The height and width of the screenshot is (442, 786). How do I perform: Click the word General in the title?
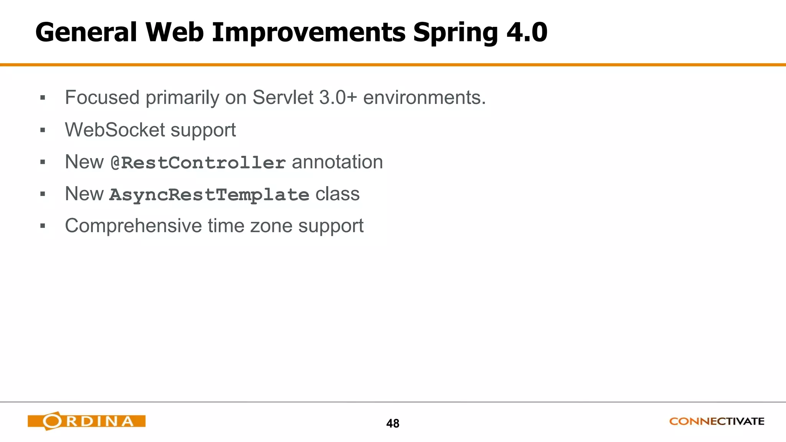click(86, 32)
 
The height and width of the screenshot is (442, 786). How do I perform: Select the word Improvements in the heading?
click(308, 32)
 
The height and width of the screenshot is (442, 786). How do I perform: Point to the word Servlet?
click(283, 97)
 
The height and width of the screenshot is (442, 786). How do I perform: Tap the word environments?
click(424, 97)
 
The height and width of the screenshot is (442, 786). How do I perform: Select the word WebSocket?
click(115, 130)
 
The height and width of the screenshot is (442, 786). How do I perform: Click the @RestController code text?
click(198, 163)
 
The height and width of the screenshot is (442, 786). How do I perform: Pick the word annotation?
click(337, 162)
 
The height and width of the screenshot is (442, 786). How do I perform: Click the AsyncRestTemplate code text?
click(209, 195)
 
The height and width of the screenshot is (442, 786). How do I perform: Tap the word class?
click(337, 194)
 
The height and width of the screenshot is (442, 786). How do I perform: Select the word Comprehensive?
click(133, 226)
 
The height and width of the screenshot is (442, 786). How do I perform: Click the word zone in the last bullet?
click(271, 226)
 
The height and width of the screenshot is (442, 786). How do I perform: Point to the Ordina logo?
click(86, 421)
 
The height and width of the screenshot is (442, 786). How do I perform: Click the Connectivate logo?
click(717, 421)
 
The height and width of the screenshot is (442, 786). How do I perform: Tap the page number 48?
click(393, 424)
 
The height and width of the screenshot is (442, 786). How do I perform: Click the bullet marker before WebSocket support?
click(43, 130)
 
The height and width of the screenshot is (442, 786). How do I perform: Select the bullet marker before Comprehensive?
click(43, 226)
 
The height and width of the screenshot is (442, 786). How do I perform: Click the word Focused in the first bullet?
click(102, 97)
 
